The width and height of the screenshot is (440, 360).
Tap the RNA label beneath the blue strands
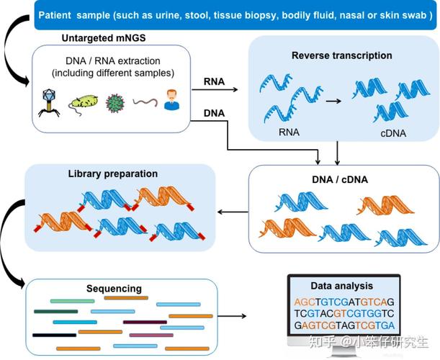pyautogui.click(x=288, y=132)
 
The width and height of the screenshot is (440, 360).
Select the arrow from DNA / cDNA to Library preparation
pyautogui.click(x=231, y=212)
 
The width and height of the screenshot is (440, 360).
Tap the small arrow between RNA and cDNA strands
pyautogui.click(x=333, y=102)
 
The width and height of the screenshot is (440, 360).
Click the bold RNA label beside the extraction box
pyautogui.click(x=214, y=82)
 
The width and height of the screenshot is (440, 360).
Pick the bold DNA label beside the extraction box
pyautogui.click(x=214, y=114)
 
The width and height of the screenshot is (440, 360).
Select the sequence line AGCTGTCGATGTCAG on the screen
pyautogui.click(x=344, y=302)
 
